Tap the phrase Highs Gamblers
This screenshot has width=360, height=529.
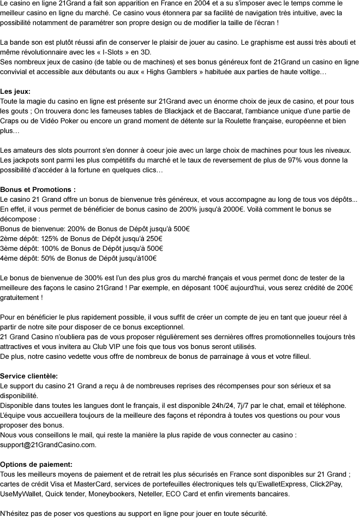point(177,72)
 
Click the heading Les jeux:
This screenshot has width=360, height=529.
point(15,92)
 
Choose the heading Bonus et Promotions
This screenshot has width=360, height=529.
point(37,190)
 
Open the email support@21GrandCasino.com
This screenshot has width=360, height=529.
point(48,445)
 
